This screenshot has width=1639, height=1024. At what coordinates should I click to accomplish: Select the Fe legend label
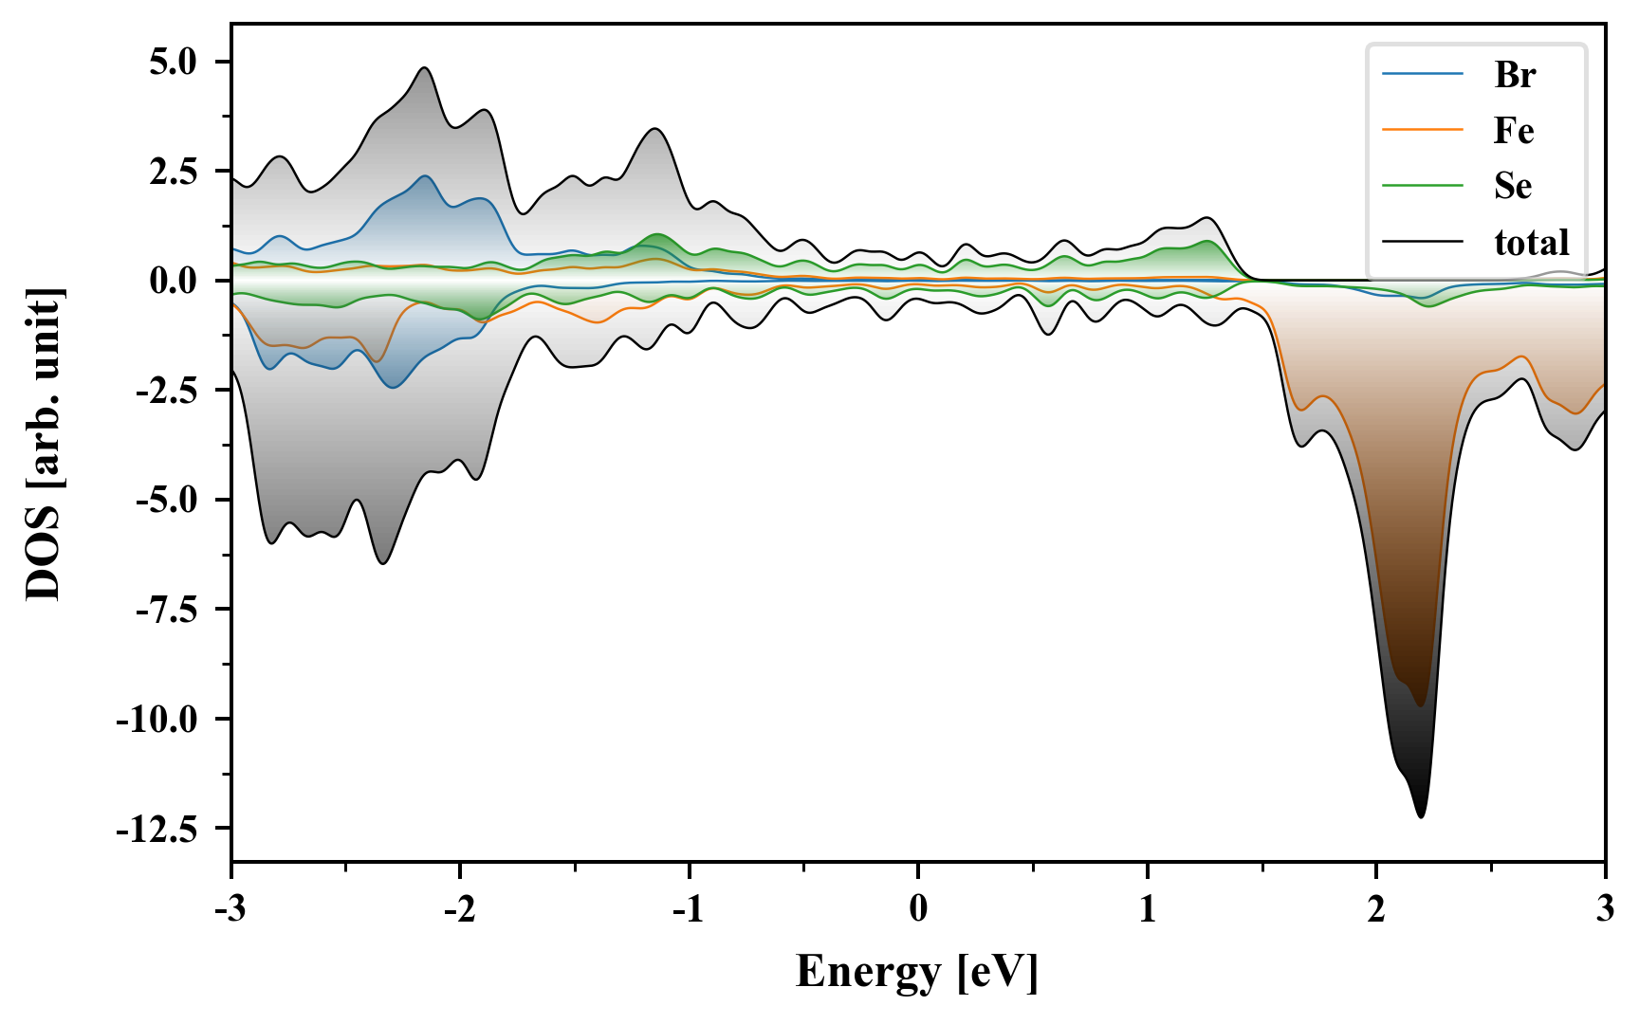click(1513, 130)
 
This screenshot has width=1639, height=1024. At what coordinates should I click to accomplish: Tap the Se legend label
click(1512, 186)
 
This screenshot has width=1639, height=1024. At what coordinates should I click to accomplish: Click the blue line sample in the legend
click(1422, 74)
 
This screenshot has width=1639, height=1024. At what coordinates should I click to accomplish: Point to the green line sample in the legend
click(1422, 186)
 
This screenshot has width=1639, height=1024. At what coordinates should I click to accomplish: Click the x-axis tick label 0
click(918, 909)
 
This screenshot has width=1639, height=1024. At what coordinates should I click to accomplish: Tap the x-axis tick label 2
click(1376, 909)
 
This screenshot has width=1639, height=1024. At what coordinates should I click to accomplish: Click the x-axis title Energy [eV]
click(917, 971)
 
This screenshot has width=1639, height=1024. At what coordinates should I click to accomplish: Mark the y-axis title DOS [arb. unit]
click(44, 444)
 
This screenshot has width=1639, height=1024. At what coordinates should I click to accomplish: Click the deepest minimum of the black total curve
click(1420, 816)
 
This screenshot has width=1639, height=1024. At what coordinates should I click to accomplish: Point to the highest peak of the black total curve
click(424, 67)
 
